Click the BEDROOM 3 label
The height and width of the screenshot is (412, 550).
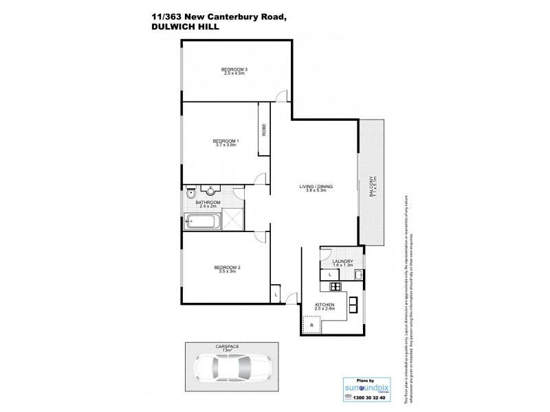pyautogui.click(x=234, y=69)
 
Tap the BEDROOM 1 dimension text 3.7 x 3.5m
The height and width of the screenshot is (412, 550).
pyautogui.click(x=225, y=145)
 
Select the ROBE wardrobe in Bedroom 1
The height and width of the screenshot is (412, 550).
pyautogui.click(x=263, y=129)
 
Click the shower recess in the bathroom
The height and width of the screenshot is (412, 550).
pyautogui.click(x=232, y=222)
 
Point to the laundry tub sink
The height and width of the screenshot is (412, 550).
pyautogui.click(x=357, y=275)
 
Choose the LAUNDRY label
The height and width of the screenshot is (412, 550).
pyautogui.click(x=342, y=261)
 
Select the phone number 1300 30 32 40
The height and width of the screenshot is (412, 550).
pyautogui.click(x=368, y=398)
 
